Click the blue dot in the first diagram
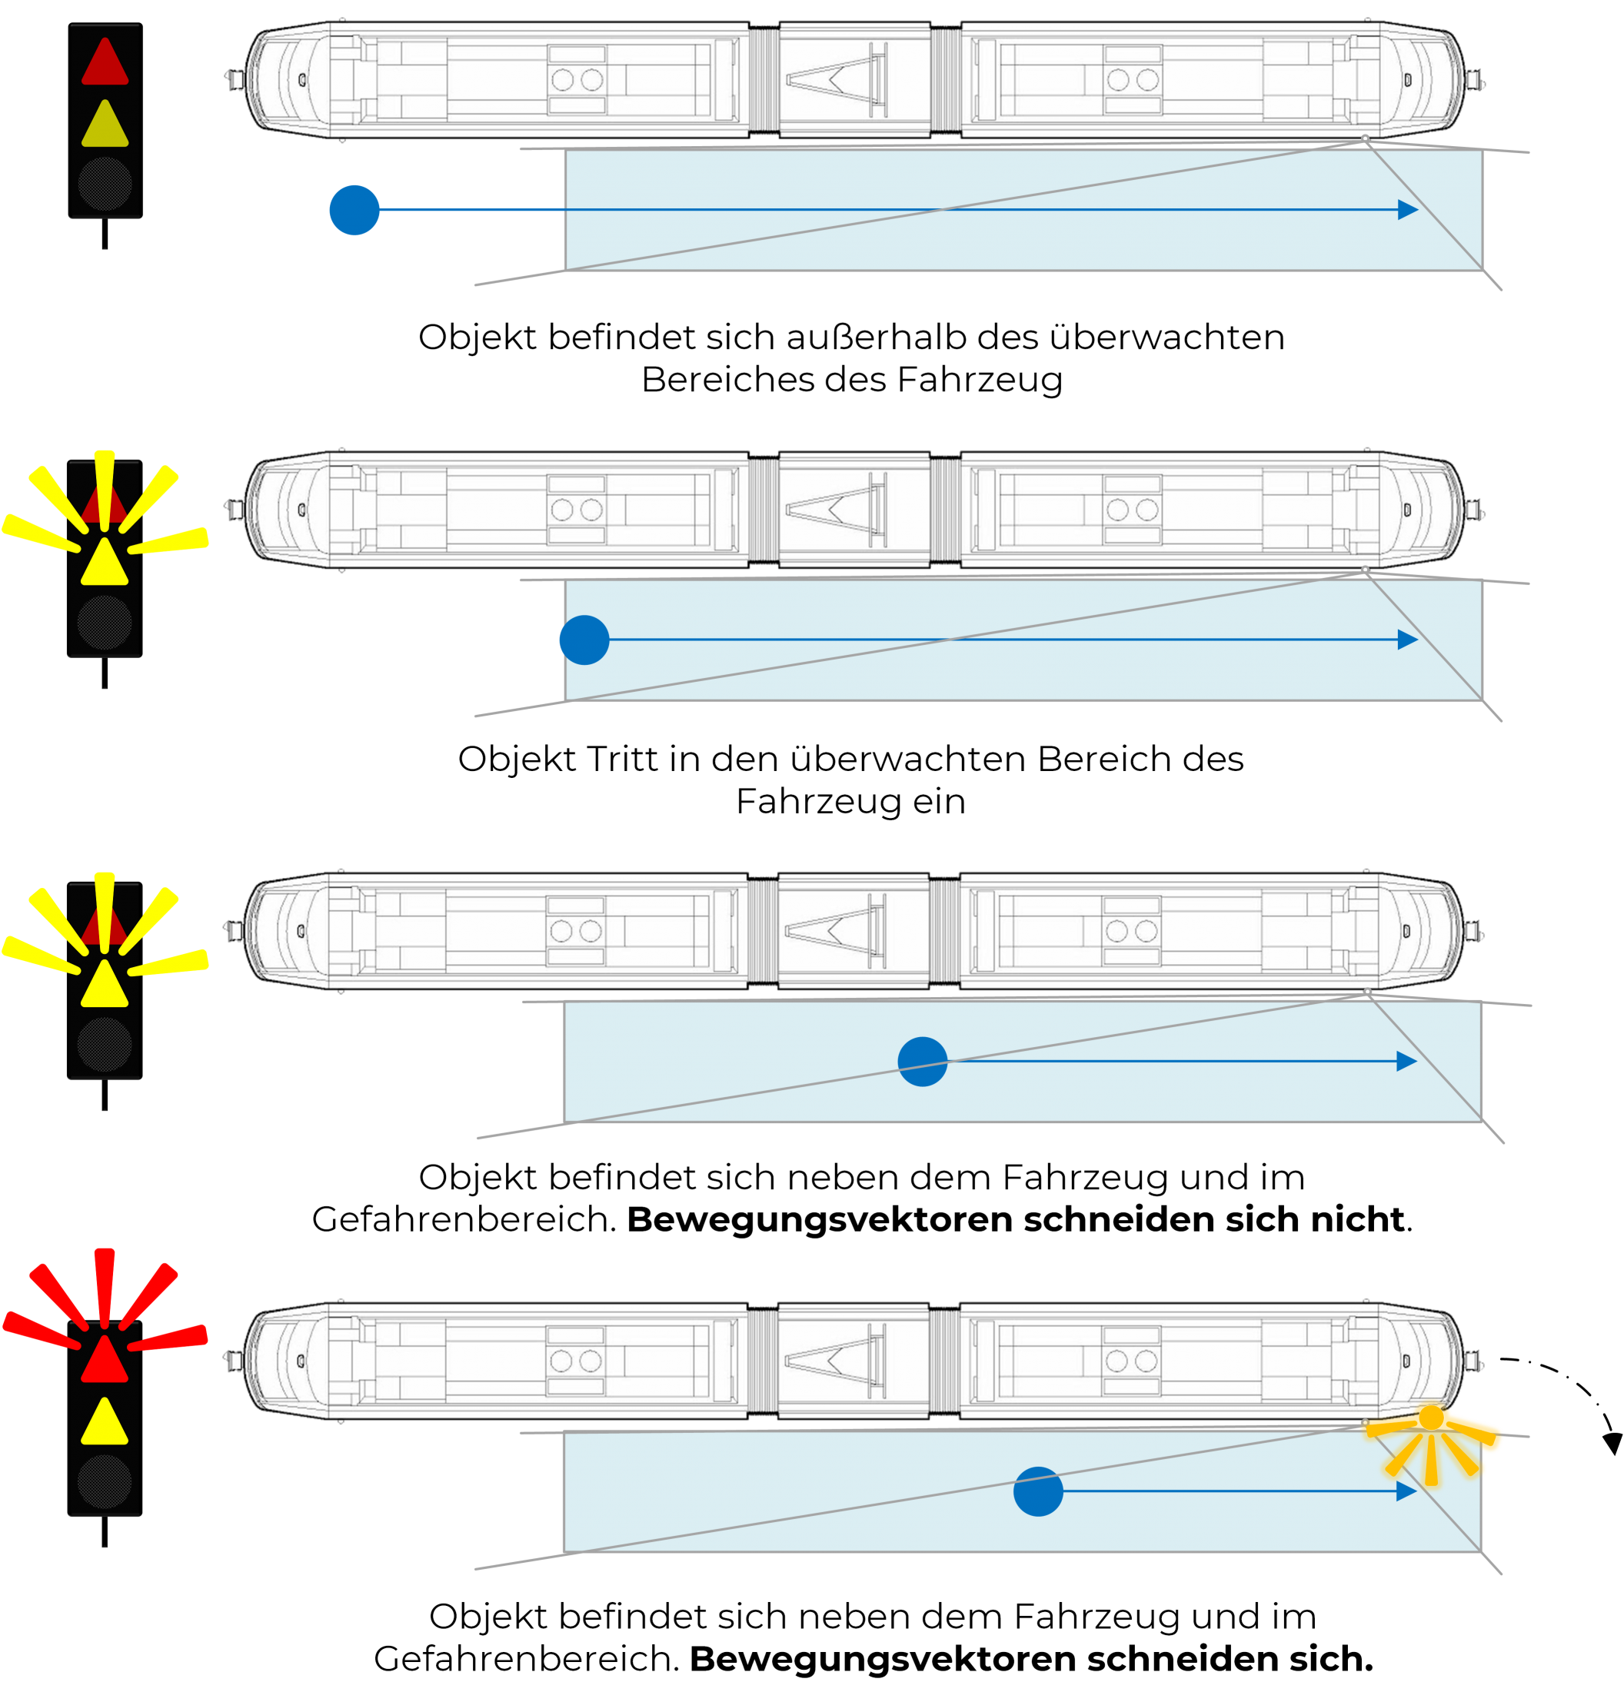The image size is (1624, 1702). pyautogui.click(x=354, y=209)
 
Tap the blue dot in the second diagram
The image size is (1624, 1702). pyautogui.click(x=584, y=640)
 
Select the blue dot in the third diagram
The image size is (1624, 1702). pyautogui.click(x=922, y=1061)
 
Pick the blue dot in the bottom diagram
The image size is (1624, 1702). pyautogui.click(x=1038, y=1491)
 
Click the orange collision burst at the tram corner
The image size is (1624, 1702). pyautogui.click(x=1431, y=1442)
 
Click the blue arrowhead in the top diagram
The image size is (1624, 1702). pyautogui.click(x=1408, y=209)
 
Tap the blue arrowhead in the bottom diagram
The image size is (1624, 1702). pyautogui.click(x=1406, y=1491)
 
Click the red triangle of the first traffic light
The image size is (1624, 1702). pyautogui.click(x=105, y=62)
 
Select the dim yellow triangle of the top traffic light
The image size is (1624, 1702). pyautogui.click(x=105, y=125)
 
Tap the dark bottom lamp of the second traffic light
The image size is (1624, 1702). pyautogui.click(x=105, y=621)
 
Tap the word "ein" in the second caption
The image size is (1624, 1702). pyautogui.click(x=942, y=801)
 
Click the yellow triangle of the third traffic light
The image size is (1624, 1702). pyautogui.click(x=105, y=984)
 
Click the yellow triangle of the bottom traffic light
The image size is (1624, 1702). pyautogui.click(x=105, y=1421)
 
